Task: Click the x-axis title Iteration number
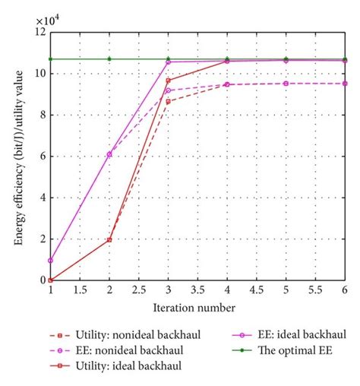tap(197, 307)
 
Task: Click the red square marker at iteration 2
tap(109, 239)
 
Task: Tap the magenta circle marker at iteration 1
tap(51, 260)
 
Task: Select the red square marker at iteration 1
tap(51, 280)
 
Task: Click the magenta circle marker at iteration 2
tap(109, 154)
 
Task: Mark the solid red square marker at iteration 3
tap(168, 81)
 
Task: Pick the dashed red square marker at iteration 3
tap(168, 101)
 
